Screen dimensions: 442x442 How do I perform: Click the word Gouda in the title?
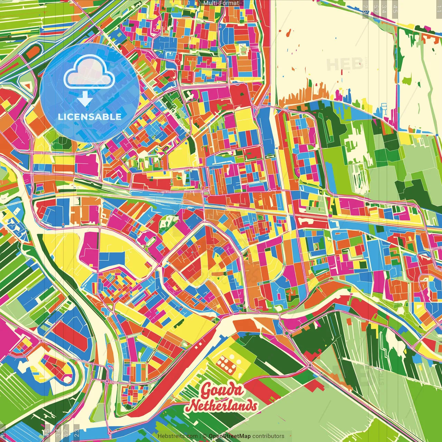tap(222, 391)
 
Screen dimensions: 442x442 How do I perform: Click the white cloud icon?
tap(89, 71)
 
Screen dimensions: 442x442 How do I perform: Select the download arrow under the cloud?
tap(85, 99)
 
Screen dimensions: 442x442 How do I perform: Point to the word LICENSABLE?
tap(90, 117)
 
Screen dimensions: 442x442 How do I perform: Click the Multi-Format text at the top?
tap(221, 3)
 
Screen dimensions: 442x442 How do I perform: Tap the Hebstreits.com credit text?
tap(177, 436)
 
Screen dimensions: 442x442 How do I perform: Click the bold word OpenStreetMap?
tap(230, 436)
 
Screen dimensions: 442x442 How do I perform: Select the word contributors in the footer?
tap(268, 436)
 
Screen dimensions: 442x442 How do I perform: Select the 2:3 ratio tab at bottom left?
tap(77, 433)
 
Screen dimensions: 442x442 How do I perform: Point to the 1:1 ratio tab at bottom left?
tap(3, 433)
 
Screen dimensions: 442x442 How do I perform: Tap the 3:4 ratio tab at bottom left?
tap(58, 433)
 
